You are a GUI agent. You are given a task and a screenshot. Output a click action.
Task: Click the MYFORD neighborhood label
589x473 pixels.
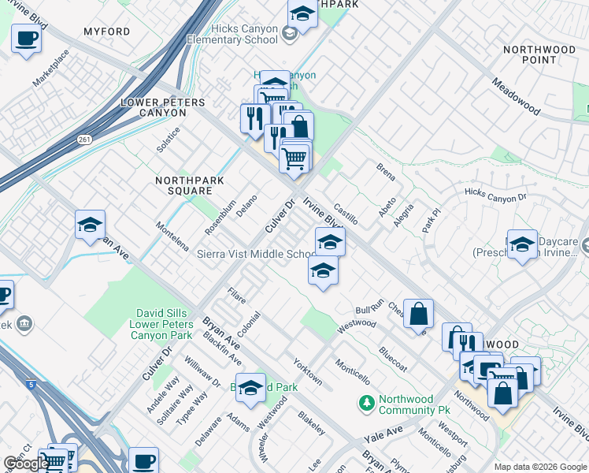106,32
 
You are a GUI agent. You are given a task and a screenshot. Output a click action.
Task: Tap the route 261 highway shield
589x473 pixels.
83,140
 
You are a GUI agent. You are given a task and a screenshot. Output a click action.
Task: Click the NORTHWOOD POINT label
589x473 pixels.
539,54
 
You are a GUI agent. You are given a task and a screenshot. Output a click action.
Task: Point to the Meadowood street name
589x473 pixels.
517,95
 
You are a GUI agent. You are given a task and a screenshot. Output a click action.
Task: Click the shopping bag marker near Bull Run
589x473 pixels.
419,313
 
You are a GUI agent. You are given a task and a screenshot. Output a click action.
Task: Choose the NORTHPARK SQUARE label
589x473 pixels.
189,185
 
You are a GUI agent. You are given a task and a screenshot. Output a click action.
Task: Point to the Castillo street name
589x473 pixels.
346,213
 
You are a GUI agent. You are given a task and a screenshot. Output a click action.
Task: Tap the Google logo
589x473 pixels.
26,464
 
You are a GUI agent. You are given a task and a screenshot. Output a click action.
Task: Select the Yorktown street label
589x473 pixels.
307,371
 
